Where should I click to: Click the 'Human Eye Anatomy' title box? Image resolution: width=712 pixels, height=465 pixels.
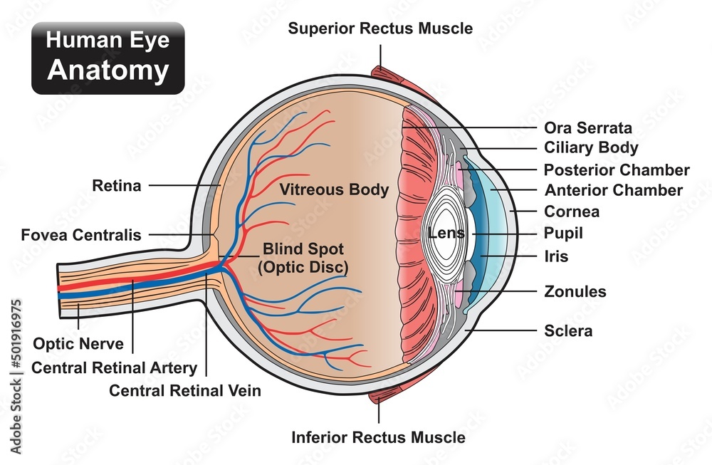(x=108, y=58)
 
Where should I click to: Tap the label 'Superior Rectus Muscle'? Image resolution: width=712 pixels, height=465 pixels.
(x=380, y=28)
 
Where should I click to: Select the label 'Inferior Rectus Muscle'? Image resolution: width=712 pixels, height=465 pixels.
(x=379, y=437)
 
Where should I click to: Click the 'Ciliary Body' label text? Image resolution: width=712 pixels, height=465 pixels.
(x=591, y=148)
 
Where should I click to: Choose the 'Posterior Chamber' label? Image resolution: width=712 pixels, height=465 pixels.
(x=617, y=169)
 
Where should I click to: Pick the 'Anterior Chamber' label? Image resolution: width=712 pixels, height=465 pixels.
(x=613, y=190)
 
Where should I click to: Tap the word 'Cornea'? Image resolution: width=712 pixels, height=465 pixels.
(x=572, y=211)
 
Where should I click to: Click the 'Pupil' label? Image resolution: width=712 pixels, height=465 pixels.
(x=563, y=233)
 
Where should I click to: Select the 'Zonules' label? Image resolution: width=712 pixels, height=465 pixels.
(x=575, y=291)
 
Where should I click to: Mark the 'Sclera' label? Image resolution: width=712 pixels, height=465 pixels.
(x=568, y=330)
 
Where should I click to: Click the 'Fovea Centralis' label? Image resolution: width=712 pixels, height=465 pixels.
(x=81, y=234)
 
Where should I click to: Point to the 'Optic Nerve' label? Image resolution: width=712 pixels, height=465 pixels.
(x=78, y=344)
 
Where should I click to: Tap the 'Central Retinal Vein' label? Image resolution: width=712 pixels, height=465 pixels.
(x=184, y=390)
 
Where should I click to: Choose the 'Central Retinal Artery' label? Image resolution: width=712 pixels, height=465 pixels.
(x=114, y=367)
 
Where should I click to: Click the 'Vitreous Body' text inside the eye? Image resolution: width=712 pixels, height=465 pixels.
(x=334, y=189)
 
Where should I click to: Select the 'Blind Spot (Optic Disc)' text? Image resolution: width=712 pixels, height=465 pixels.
(x=304, y=258)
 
